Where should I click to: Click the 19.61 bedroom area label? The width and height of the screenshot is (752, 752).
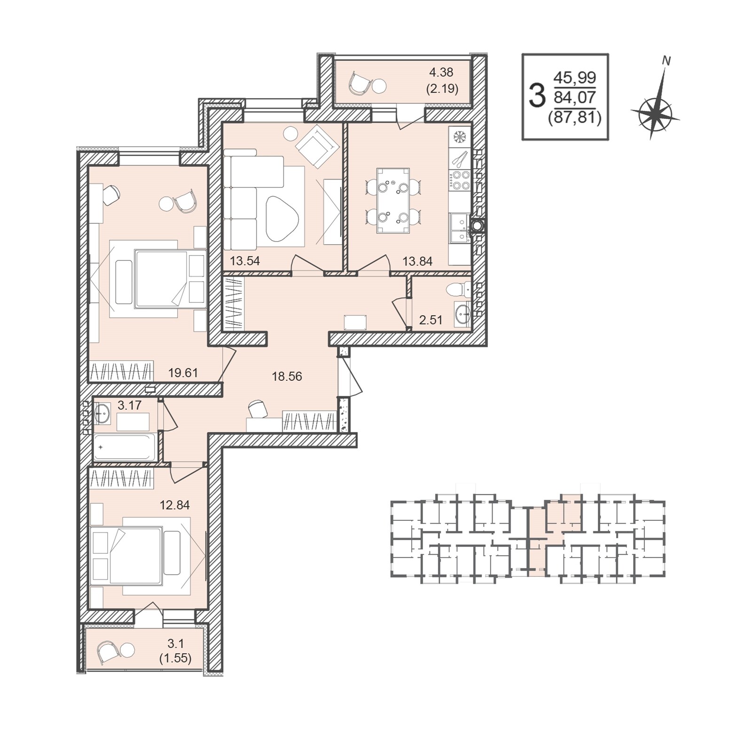(x=183, y=373)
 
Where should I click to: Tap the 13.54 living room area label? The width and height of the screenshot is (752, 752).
(x=245, y=261)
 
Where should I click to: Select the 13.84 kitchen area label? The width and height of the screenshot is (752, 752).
(x=417, y=261)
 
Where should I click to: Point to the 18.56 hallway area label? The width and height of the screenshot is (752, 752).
(x=287, y=376)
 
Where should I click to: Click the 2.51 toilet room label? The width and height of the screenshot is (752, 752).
(x=431, y=320)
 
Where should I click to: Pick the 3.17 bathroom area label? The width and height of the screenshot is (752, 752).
(x=129, y=405)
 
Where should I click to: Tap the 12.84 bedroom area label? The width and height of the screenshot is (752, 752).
(x=174, y=505)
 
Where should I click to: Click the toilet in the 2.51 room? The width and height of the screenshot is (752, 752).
(x=458, y=290)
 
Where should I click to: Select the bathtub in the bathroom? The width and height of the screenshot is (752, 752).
(x=125, y=447)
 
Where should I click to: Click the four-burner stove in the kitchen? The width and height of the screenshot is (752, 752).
(x=460, y=180)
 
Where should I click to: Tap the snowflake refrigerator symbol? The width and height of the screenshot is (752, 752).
(x=460, y=137)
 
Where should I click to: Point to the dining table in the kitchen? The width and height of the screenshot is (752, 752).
(x=393, y=201)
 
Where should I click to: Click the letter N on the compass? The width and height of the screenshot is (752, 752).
(x=666, y=61)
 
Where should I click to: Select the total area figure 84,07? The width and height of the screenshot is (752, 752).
(x=575, y=98)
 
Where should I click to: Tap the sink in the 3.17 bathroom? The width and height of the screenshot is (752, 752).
(x=102, y=414)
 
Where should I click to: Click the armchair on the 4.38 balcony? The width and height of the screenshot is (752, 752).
(x=360, y=84)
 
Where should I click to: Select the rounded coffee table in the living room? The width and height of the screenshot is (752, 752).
(x=282, y=219)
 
